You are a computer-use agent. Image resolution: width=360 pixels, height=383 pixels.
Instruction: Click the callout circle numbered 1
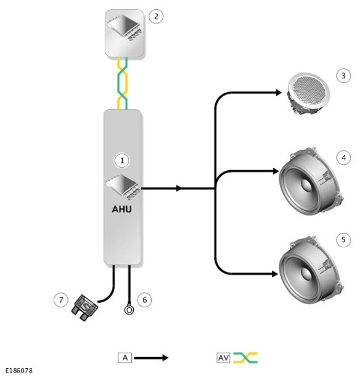point(122,160)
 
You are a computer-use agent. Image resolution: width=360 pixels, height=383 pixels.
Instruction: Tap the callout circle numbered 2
point(156,17)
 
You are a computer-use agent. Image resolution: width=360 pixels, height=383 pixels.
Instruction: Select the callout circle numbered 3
point(343,76)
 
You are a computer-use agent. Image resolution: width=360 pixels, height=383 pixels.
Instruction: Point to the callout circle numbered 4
point(343,157)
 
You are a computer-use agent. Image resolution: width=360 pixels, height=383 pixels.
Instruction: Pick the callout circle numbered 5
point(343,240)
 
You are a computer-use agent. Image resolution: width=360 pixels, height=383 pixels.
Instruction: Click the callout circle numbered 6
point(144,300)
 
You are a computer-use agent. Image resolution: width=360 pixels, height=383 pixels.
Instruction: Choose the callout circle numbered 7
point(61,300)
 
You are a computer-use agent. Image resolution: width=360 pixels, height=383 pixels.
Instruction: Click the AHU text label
point(122,209)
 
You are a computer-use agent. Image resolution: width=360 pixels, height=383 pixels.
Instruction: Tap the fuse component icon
point(84,307)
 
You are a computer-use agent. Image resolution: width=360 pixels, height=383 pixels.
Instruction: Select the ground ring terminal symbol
point(129,310)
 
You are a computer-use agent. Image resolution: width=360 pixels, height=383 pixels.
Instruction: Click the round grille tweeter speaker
point(308,93)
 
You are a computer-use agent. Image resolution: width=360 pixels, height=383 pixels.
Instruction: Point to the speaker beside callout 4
point(311,182)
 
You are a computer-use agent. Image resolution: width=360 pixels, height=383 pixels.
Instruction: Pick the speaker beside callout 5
point(311,271)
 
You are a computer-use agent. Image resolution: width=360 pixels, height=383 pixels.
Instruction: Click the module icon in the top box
point(125,28)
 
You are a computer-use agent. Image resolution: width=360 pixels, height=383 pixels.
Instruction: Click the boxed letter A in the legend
point(125,358)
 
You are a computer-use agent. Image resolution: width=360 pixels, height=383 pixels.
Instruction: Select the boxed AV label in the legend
point(223,358)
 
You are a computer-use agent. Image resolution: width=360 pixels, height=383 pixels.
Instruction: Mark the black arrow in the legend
point(151,358)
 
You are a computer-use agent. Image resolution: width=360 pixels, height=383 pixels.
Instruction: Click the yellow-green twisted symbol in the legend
point(245,358)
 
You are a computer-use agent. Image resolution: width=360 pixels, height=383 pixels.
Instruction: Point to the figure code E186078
point(18,371)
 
